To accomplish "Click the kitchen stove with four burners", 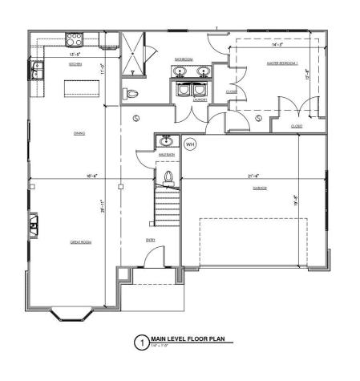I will pos(75,37).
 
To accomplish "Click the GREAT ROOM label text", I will pos(79,241).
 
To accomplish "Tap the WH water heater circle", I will pos(190,144).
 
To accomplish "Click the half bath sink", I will pos(166,141).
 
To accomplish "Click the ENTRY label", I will pos(150,238).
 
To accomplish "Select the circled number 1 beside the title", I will pos(141,342).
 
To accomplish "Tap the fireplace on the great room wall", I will pos(35,225).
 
